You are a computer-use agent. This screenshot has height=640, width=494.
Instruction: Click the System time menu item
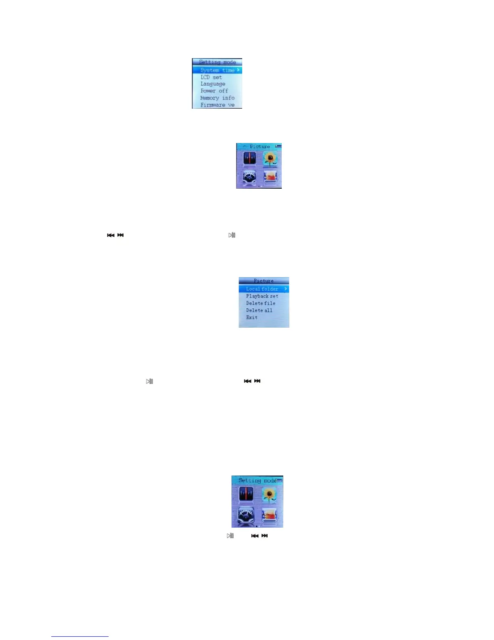[x=217, y=70]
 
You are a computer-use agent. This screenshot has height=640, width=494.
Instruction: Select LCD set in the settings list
[x=211, y=77]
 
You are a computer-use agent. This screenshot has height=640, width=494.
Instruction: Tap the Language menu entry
[x=213, y=84]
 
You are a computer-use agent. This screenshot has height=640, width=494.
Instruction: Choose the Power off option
[x=214, y=91]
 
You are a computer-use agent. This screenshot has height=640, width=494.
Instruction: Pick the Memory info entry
[x=217, y=98]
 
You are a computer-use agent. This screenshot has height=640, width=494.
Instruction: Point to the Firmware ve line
[x=217, y=105]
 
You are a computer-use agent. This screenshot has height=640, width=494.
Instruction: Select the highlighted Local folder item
[x=262, y=289]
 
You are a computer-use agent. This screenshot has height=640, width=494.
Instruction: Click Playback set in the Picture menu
[x=262, y=296]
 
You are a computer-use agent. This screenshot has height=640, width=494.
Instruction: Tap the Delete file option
[x=261, y=303]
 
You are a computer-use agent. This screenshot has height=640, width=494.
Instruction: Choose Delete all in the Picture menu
[x=259, y=310]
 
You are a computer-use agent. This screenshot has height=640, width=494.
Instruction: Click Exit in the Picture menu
[x=252, y=317]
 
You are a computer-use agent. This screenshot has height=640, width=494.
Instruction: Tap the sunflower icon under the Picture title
[x=270, y=159]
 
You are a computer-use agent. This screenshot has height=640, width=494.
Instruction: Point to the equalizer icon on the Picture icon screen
[x=249, y=158]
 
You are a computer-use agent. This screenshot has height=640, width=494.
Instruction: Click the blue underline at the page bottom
[x=80, y=636]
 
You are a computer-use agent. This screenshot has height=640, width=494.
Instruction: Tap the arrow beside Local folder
[x=285, y=289]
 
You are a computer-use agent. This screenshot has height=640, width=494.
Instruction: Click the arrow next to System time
[x=239, y=70]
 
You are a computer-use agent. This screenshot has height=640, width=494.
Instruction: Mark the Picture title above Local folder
[x=264, y=281]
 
